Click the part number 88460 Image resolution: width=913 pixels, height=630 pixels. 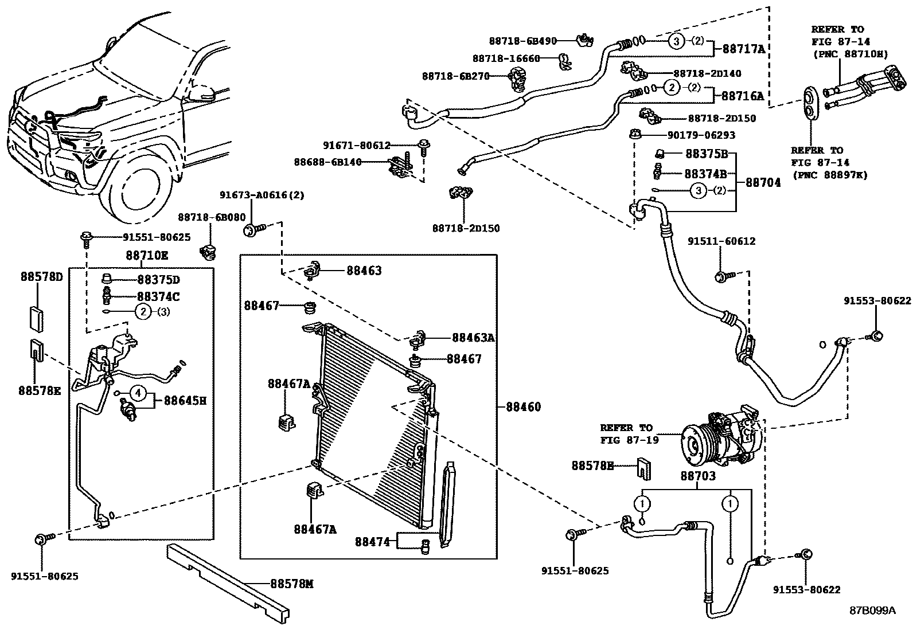coord(523,407)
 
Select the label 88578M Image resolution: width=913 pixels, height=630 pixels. coord(291,584)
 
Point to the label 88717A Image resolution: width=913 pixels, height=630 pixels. coord(743,49)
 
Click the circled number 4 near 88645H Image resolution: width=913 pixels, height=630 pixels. coord(138,393)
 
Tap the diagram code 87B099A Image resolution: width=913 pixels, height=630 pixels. coord(872,610)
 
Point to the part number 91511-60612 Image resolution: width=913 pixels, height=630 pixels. coord(721,241)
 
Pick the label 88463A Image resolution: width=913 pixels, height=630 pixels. coord(473,338)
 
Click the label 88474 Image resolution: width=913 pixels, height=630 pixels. coord(372,541)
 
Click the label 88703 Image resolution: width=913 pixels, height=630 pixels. coord(698,476)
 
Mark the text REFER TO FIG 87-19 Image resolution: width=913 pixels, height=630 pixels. coord(626,433)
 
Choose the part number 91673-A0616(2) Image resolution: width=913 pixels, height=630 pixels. coord(262,195)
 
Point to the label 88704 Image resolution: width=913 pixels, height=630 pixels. coord(763,182)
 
